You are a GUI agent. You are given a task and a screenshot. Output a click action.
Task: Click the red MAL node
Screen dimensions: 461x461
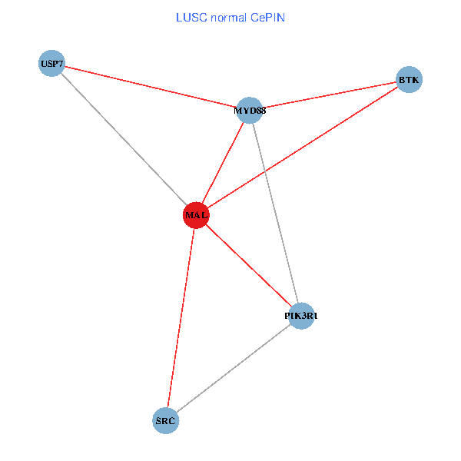196,215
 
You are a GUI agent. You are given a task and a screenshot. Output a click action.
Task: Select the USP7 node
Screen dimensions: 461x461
51,62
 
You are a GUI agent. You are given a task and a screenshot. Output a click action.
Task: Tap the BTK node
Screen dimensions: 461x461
409,79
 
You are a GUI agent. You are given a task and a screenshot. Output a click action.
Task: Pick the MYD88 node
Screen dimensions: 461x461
250,110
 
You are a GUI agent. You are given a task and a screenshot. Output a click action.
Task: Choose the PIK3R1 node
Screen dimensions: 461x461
300,315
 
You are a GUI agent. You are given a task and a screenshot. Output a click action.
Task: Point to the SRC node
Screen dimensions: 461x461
166,420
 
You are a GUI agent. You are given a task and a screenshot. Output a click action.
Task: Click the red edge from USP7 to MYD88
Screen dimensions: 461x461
151,86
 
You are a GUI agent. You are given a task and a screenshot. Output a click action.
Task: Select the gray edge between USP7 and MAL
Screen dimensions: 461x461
124,138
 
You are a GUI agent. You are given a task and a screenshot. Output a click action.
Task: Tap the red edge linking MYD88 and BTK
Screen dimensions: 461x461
329,95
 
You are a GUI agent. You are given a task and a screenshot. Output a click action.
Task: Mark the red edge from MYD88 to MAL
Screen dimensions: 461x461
223,163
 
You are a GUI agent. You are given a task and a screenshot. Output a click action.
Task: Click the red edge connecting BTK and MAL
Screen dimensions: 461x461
302,148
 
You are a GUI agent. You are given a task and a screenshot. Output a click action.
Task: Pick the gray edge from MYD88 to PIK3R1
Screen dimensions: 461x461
275,212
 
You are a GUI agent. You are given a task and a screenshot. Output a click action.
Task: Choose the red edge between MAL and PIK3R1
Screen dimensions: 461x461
248,265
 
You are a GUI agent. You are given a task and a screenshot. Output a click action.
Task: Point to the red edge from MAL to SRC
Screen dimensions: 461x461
181,317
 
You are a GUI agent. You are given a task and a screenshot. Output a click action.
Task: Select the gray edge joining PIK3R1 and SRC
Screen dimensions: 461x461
233,368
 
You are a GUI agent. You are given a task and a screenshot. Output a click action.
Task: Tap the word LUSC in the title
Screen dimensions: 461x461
188,16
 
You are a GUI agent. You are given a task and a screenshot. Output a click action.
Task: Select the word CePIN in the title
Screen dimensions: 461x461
268,16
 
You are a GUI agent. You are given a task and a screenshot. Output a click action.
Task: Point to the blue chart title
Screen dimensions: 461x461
230,16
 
